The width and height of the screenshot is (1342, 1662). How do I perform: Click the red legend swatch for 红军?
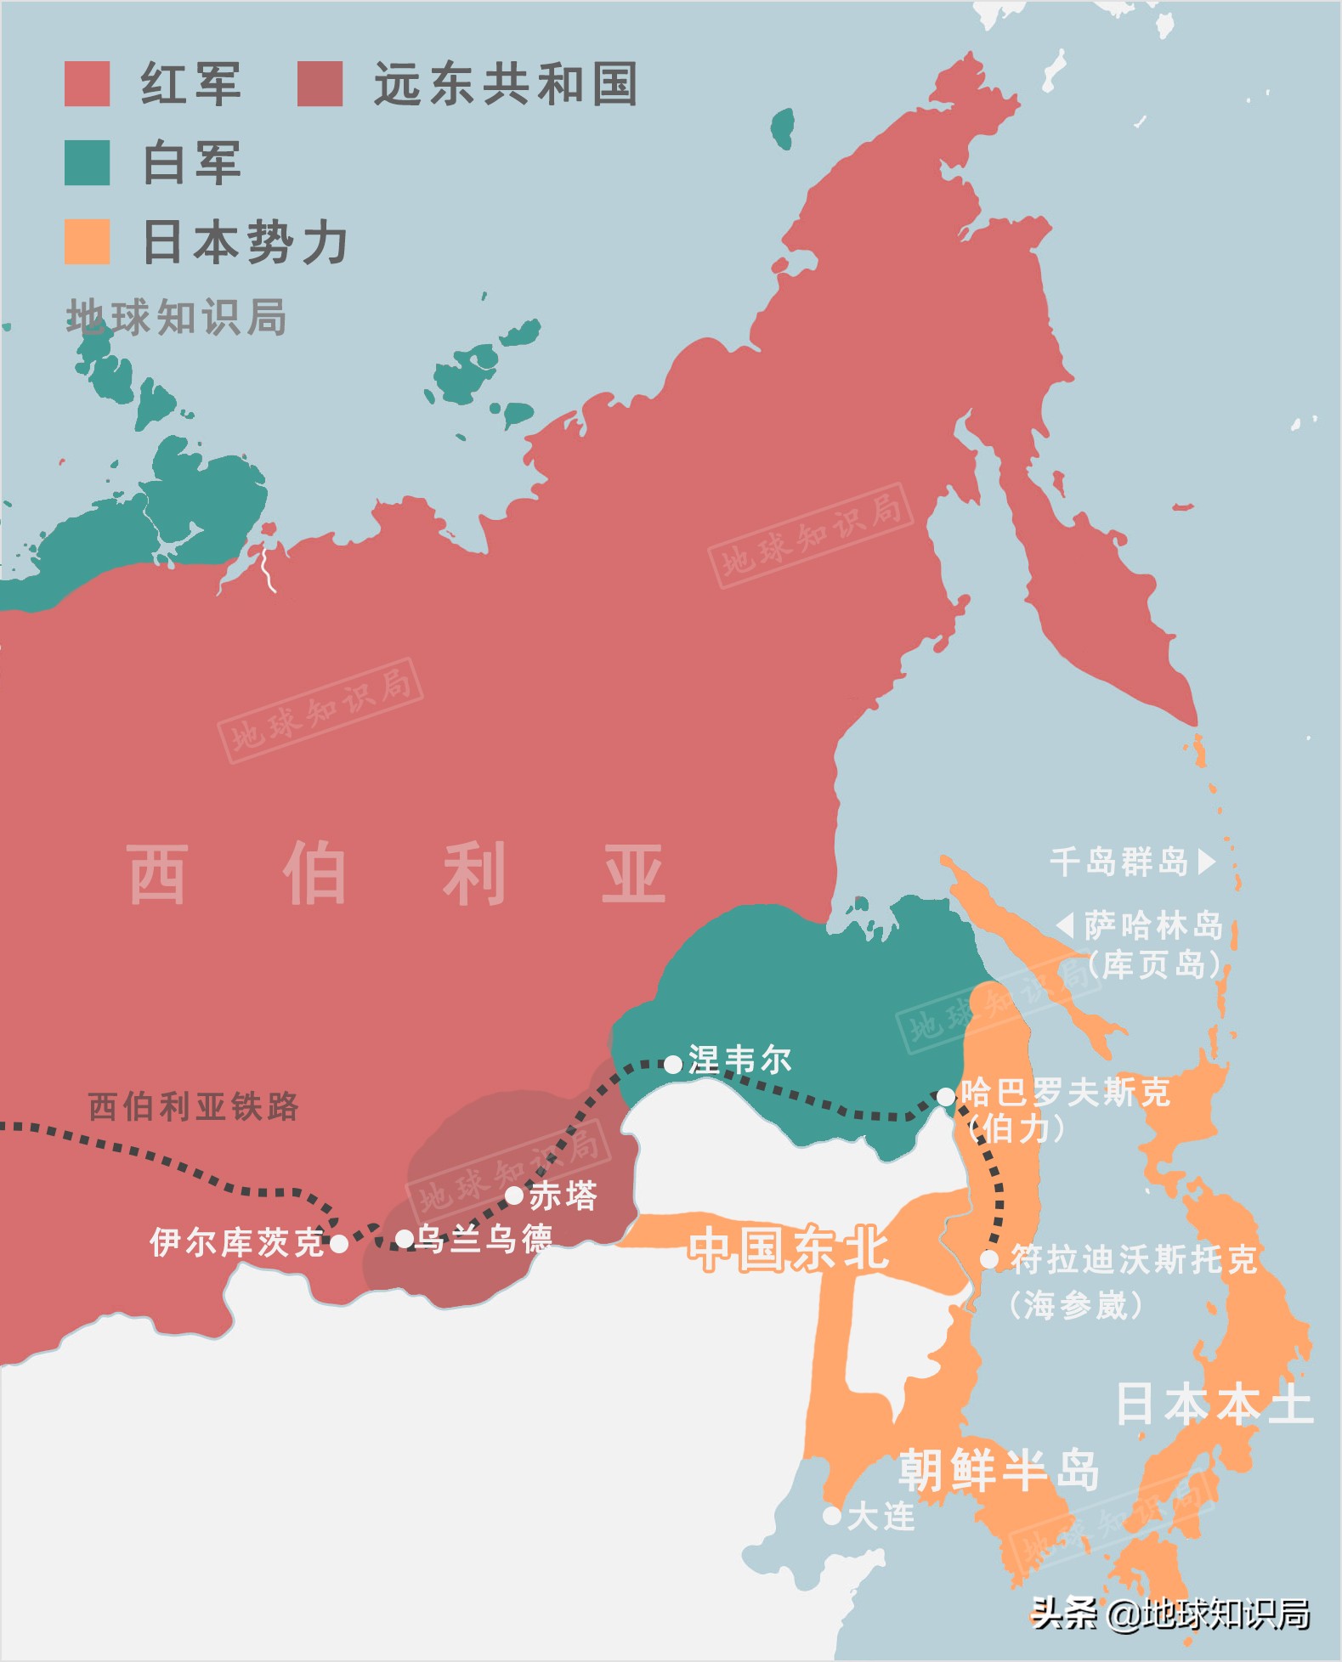(x=87, y=83)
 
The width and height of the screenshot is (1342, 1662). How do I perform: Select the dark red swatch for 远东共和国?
(x=320, y=83)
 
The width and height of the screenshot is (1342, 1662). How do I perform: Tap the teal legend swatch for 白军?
(x=87, y=162)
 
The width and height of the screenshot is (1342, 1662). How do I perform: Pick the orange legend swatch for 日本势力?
(x=87, y=241)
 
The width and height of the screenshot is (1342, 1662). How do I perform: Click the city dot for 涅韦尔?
(x=673, y=1064)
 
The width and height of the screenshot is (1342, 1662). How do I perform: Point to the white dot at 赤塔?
(x=514, y=1196)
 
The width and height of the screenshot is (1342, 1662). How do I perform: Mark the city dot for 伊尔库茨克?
(x=338, y=1244)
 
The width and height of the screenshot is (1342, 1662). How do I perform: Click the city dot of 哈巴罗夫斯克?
(x=946, y=1097)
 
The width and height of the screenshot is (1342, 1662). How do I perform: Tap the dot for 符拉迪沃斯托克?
(x=989, y=1259)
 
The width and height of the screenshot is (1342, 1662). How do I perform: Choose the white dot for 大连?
(x=832, y=1515)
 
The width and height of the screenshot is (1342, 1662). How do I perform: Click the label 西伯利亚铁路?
(x=194, y=1106)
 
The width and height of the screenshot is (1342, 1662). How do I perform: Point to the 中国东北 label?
(x=788, y=1249)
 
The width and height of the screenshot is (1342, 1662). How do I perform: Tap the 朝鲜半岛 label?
(x=999, y=1470)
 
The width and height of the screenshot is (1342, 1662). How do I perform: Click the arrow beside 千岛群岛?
(x=1206, y=862)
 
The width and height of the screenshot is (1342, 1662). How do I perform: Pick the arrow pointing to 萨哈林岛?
(x=1065, y=924)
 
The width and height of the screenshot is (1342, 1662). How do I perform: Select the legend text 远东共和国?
(x=506, y=83)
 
